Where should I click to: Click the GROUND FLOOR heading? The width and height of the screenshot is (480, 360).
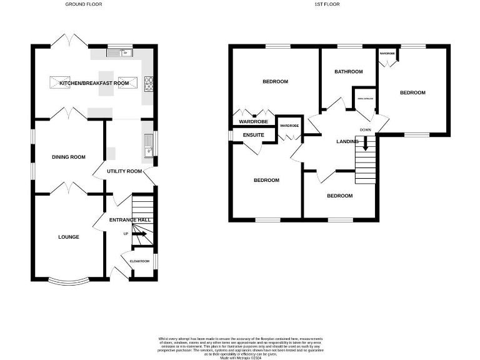[83, 4]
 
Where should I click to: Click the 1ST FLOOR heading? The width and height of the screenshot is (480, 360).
[326, 4]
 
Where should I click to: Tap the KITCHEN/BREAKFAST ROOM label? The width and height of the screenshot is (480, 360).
[94, 83]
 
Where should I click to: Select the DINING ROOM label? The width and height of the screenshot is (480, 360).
[68, 157]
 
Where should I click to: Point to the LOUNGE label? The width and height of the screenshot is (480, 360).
[68, 236]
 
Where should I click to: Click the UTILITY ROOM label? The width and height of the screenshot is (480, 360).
[124, 171]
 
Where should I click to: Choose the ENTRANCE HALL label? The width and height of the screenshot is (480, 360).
[129, 220]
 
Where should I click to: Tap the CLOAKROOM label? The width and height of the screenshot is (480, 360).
[139, 261]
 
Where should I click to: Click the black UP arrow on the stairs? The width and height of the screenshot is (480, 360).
[140, 234]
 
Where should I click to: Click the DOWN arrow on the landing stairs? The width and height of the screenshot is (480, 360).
[366, 147]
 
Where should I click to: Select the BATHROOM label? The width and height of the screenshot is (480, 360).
[348, 71]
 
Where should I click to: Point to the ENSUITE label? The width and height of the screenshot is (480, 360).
[253, 135]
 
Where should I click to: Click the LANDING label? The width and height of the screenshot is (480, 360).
[347, 142]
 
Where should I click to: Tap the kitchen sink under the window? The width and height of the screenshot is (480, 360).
[119, 53]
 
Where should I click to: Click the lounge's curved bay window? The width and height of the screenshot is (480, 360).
[68, 278]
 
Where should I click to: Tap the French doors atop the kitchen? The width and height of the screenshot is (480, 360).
[68, 41]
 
